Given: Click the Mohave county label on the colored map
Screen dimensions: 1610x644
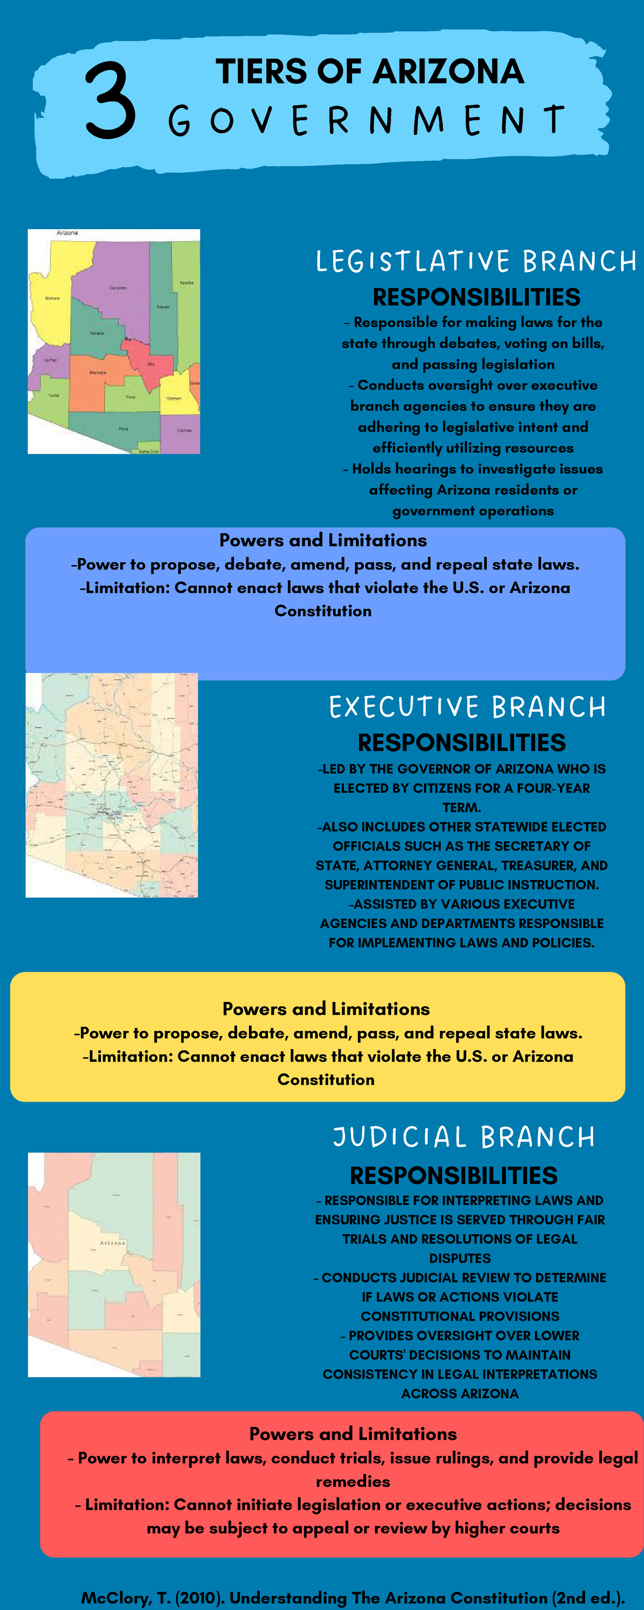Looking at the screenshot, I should [x=53, y=298].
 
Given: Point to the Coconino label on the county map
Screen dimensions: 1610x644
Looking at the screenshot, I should [x=118, y=288].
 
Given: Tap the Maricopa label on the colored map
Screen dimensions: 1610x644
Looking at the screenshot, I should [x=98, y=372].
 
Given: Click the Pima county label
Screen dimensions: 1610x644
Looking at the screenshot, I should [x=123, y=429].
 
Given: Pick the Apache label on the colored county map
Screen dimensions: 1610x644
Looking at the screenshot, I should [x=186, y=282].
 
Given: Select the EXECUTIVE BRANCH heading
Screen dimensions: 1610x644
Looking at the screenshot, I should [x=467, y=707].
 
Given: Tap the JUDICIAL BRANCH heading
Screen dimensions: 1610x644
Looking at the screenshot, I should [x=463, y=1137].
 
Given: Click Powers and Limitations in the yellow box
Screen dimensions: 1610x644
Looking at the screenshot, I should [x=326, y=1009].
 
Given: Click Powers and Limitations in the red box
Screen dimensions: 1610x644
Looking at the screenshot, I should [x=353, y=1434].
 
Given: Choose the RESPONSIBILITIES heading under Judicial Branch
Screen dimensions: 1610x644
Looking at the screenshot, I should [x=453, y=1176].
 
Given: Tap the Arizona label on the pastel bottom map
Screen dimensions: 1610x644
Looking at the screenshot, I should [x=113, y=1242].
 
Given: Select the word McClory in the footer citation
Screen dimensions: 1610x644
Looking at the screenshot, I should [x=116, y=1598].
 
